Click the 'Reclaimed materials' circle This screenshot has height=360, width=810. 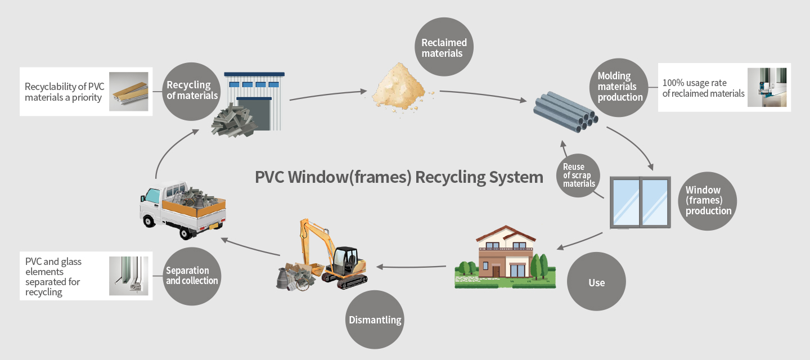click(x=444, y=47)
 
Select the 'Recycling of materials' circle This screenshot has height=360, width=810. click(x=192, y=91)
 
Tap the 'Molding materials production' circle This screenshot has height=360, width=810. click(x=619, y=87)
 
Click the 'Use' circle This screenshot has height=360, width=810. click(x=596, y=282)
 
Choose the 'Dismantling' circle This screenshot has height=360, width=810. click(x=375, y=319)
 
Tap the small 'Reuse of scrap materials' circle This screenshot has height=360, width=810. click(x=578, y=175)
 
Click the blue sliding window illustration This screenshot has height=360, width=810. click(x=640, y=202)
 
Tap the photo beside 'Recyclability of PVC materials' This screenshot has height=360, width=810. click(x=128, y=91)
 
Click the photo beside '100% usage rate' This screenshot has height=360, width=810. click(x=767, y=88)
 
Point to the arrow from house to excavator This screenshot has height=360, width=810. click(x=414, y=267)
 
